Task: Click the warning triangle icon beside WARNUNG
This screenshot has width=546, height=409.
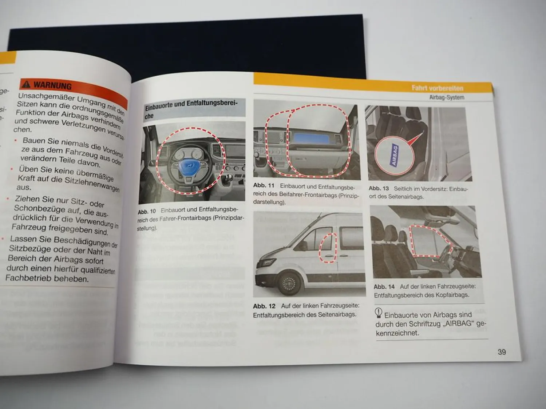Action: tap(26, 84)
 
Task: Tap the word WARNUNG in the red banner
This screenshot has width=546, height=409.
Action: tap(53, 86)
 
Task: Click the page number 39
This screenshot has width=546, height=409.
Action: tap(502, 352)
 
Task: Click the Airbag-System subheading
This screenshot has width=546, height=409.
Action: tap(447, 97)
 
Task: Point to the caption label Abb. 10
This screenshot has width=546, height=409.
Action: tap(147, 211)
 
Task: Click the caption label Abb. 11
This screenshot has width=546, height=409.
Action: tap(264, 185)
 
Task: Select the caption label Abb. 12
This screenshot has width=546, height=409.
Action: tap(264, 306)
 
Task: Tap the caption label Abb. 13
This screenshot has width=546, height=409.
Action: tap(379, 188)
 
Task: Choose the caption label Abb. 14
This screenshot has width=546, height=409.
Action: tap(384, 286)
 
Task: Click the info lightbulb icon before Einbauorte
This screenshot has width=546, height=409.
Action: tap(379, 313)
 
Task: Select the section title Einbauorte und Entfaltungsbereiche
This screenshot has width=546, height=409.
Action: tap(191, 108)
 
